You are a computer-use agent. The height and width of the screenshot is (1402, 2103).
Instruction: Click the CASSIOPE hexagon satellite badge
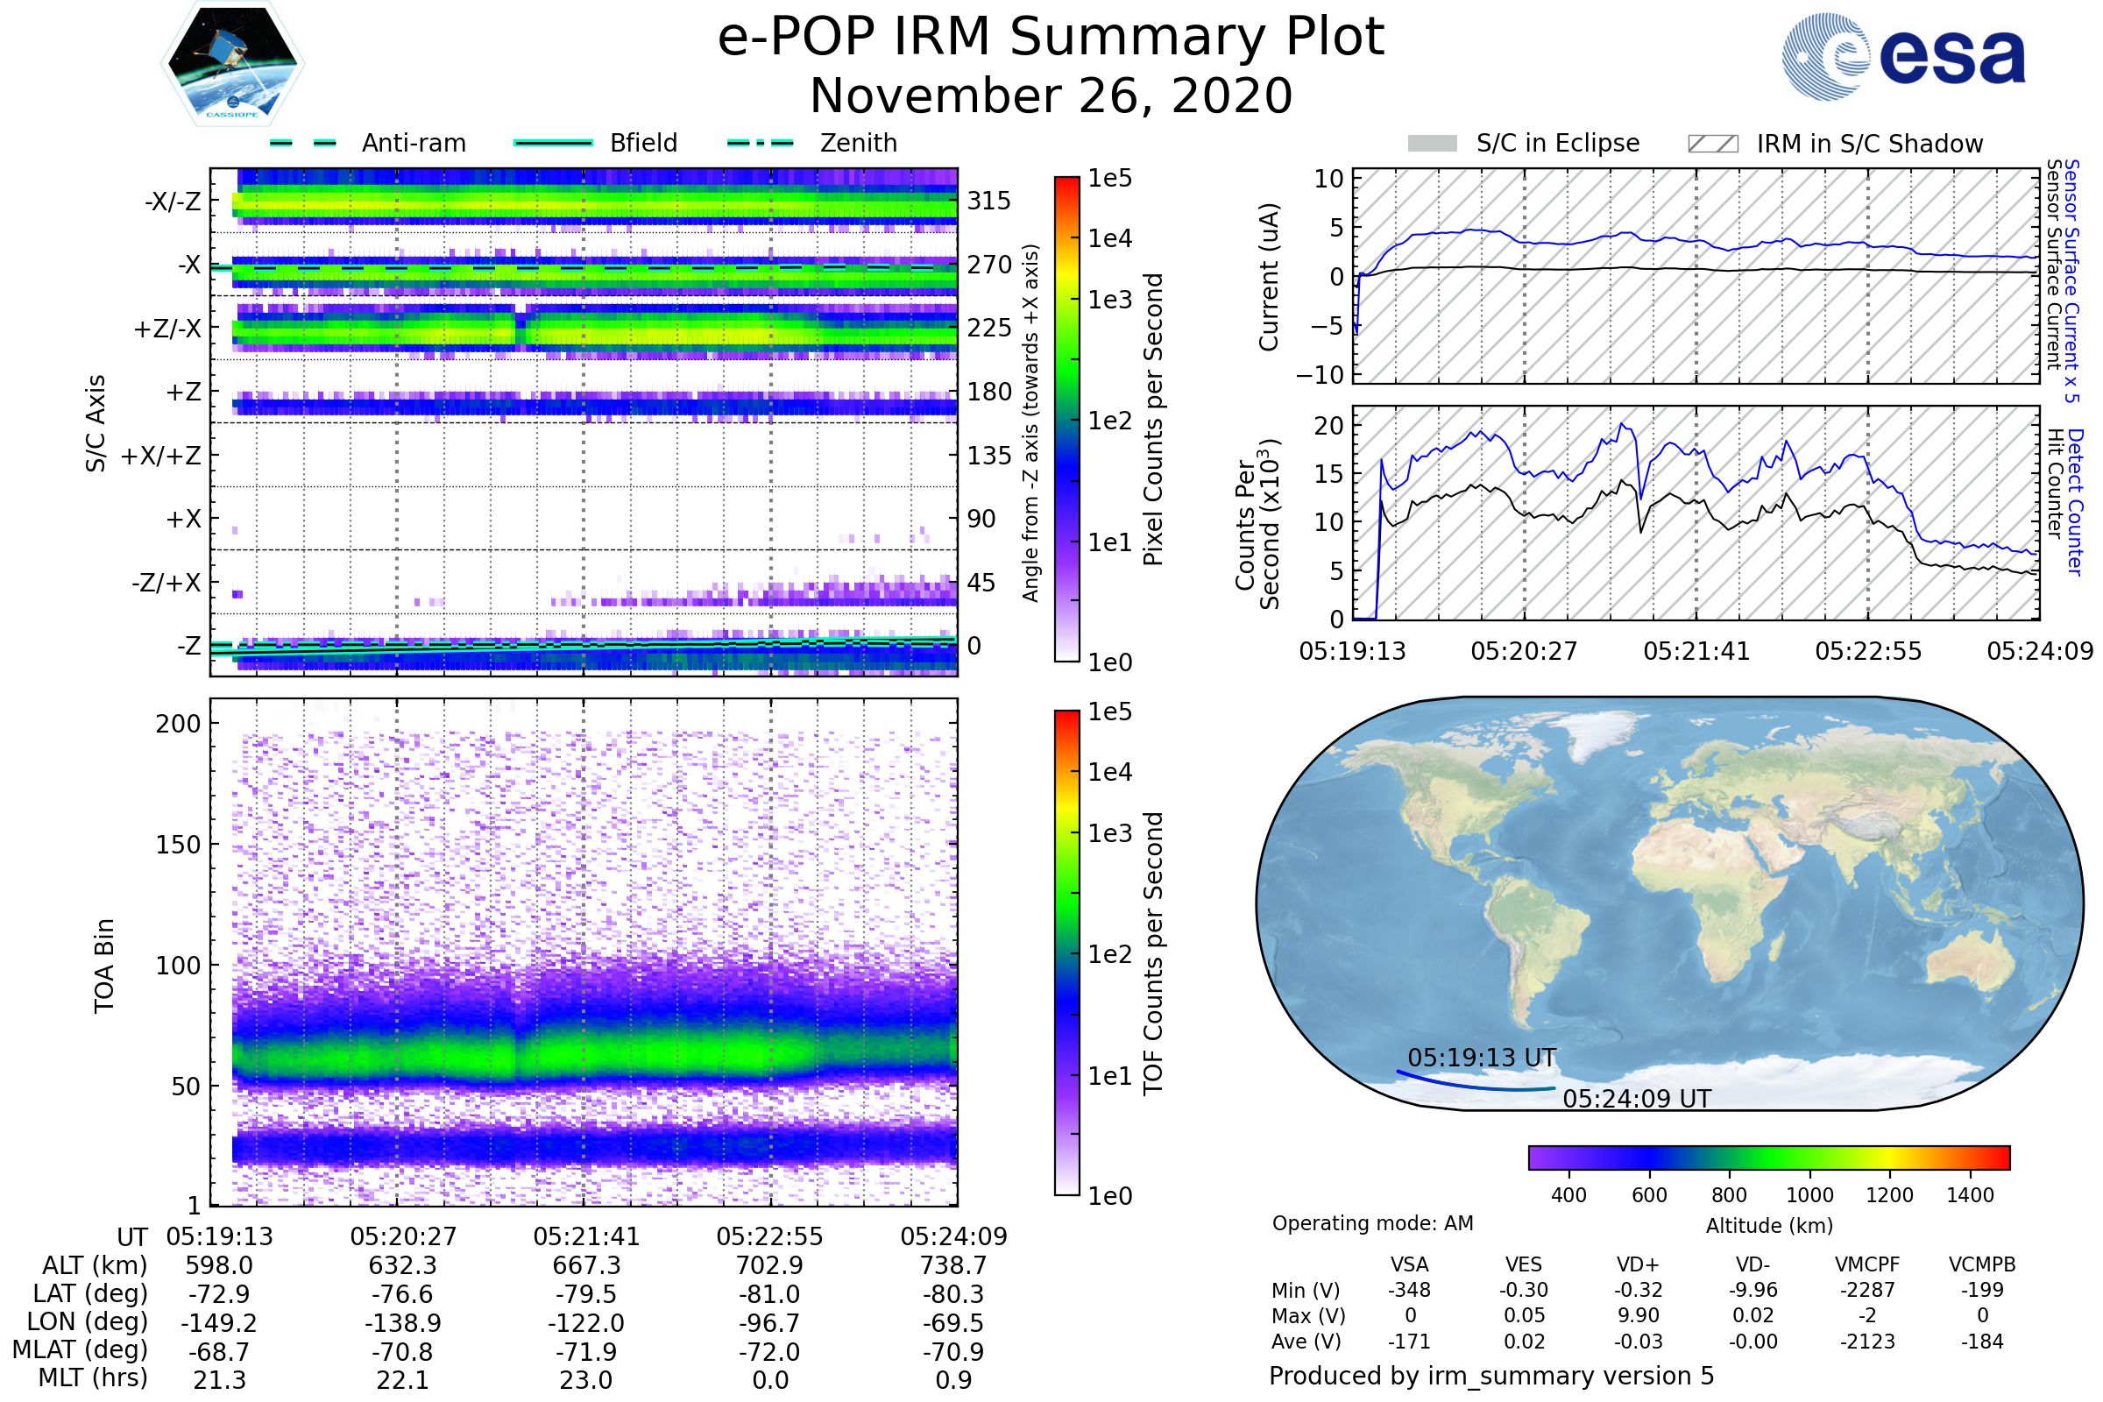click(232, 63)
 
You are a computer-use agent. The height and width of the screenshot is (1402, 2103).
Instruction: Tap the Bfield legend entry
click(597, 143)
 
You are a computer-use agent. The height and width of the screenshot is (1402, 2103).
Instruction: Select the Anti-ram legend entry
click(367, 143)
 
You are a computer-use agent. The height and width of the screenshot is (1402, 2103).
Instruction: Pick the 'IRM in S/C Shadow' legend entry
click(1835, 144)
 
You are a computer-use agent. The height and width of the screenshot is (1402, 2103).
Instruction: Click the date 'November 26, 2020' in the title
click(1051, 96)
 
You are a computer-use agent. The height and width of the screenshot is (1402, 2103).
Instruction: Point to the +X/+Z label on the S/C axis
click(161, 456)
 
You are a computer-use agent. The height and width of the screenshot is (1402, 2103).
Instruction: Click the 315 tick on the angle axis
click(989, 201)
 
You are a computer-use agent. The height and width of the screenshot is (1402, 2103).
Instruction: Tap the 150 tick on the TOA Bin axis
click(178, 845)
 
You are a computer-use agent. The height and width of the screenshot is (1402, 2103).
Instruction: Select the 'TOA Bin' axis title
click(104, 965)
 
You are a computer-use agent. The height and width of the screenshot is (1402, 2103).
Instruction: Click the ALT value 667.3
click(586, 1265)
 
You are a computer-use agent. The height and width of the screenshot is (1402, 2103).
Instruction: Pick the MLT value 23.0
click(586, 1379)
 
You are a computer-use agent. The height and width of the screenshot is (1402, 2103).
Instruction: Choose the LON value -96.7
click(770, 1322)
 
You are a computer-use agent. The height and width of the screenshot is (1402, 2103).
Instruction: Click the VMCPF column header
click(1867, 1264)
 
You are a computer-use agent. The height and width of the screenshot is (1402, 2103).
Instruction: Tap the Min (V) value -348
click(1409, 1290)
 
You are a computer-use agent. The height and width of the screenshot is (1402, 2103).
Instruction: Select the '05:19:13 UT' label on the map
click(1482, 1058)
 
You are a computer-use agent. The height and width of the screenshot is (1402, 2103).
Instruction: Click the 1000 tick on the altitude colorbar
click(1809, 1195)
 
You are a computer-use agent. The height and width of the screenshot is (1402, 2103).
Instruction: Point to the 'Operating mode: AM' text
click(1372, 1223)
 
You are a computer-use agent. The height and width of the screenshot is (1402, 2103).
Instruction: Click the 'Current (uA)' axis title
click(1269, 277)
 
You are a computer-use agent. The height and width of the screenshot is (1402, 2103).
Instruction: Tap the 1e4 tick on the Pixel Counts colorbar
click(1109, 238)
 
